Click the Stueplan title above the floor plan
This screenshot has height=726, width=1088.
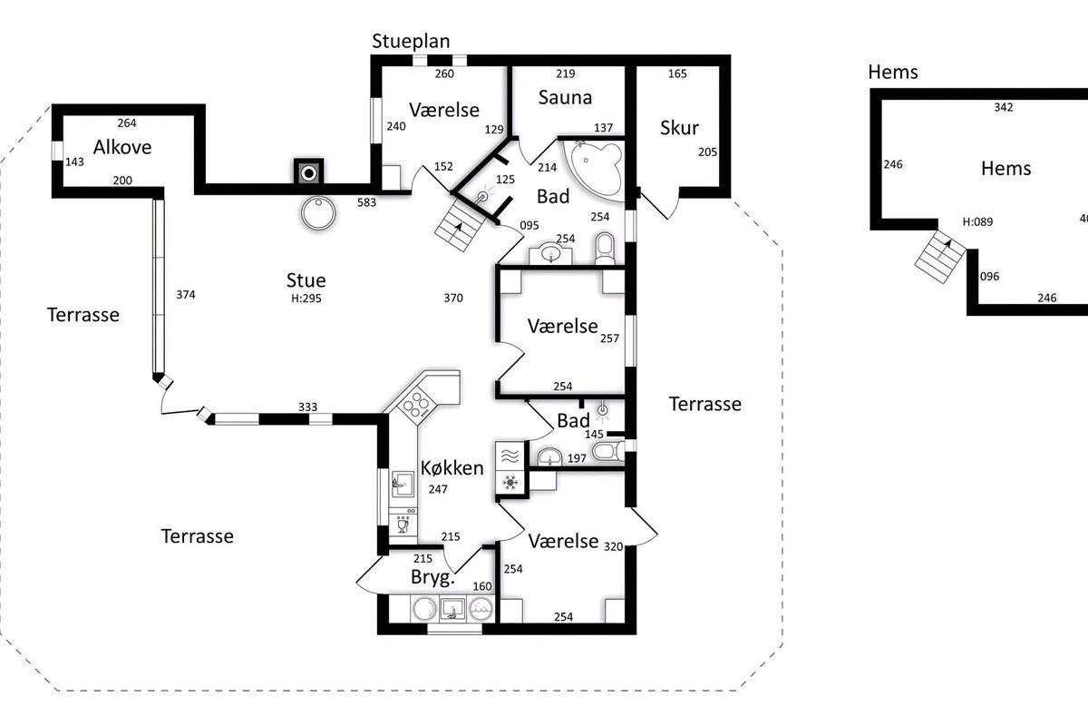[411, 42]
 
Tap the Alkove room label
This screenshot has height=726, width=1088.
[122, 147]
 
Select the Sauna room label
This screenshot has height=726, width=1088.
[565, 97]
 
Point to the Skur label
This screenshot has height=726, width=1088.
[679, 127]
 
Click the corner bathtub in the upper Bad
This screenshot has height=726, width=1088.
[595, 169]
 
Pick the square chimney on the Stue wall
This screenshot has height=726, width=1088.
[308, 172]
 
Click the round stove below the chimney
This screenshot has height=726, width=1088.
[318, 213]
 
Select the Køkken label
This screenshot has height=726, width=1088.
[452, 467]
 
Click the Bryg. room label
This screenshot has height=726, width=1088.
[432, 577]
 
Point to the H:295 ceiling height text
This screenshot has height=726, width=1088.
[306, 298]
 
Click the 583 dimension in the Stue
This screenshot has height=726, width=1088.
[366, 202]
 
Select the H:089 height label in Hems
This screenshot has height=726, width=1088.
[977, 221]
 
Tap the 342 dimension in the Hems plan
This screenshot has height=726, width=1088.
[1004, 107]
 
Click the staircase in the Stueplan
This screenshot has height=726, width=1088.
[459, 226]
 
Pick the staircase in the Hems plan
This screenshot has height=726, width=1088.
[940, 256]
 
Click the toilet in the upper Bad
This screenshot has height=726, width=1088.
[606, 250]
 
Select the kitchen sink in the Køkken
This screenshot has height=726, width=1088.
[403, 484]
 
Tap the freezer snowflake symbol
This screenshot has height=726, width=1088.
[510, 483]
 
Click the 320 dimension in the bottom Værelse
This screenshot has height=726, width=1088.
[614, 546]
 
